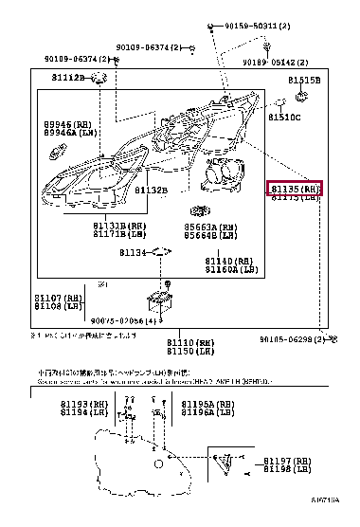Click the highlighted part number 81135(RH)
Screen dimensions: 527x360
(296, 189)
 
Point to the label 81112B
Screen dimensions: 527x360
(68, 76)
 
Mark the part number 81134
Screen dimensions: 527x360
(133, 253)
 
